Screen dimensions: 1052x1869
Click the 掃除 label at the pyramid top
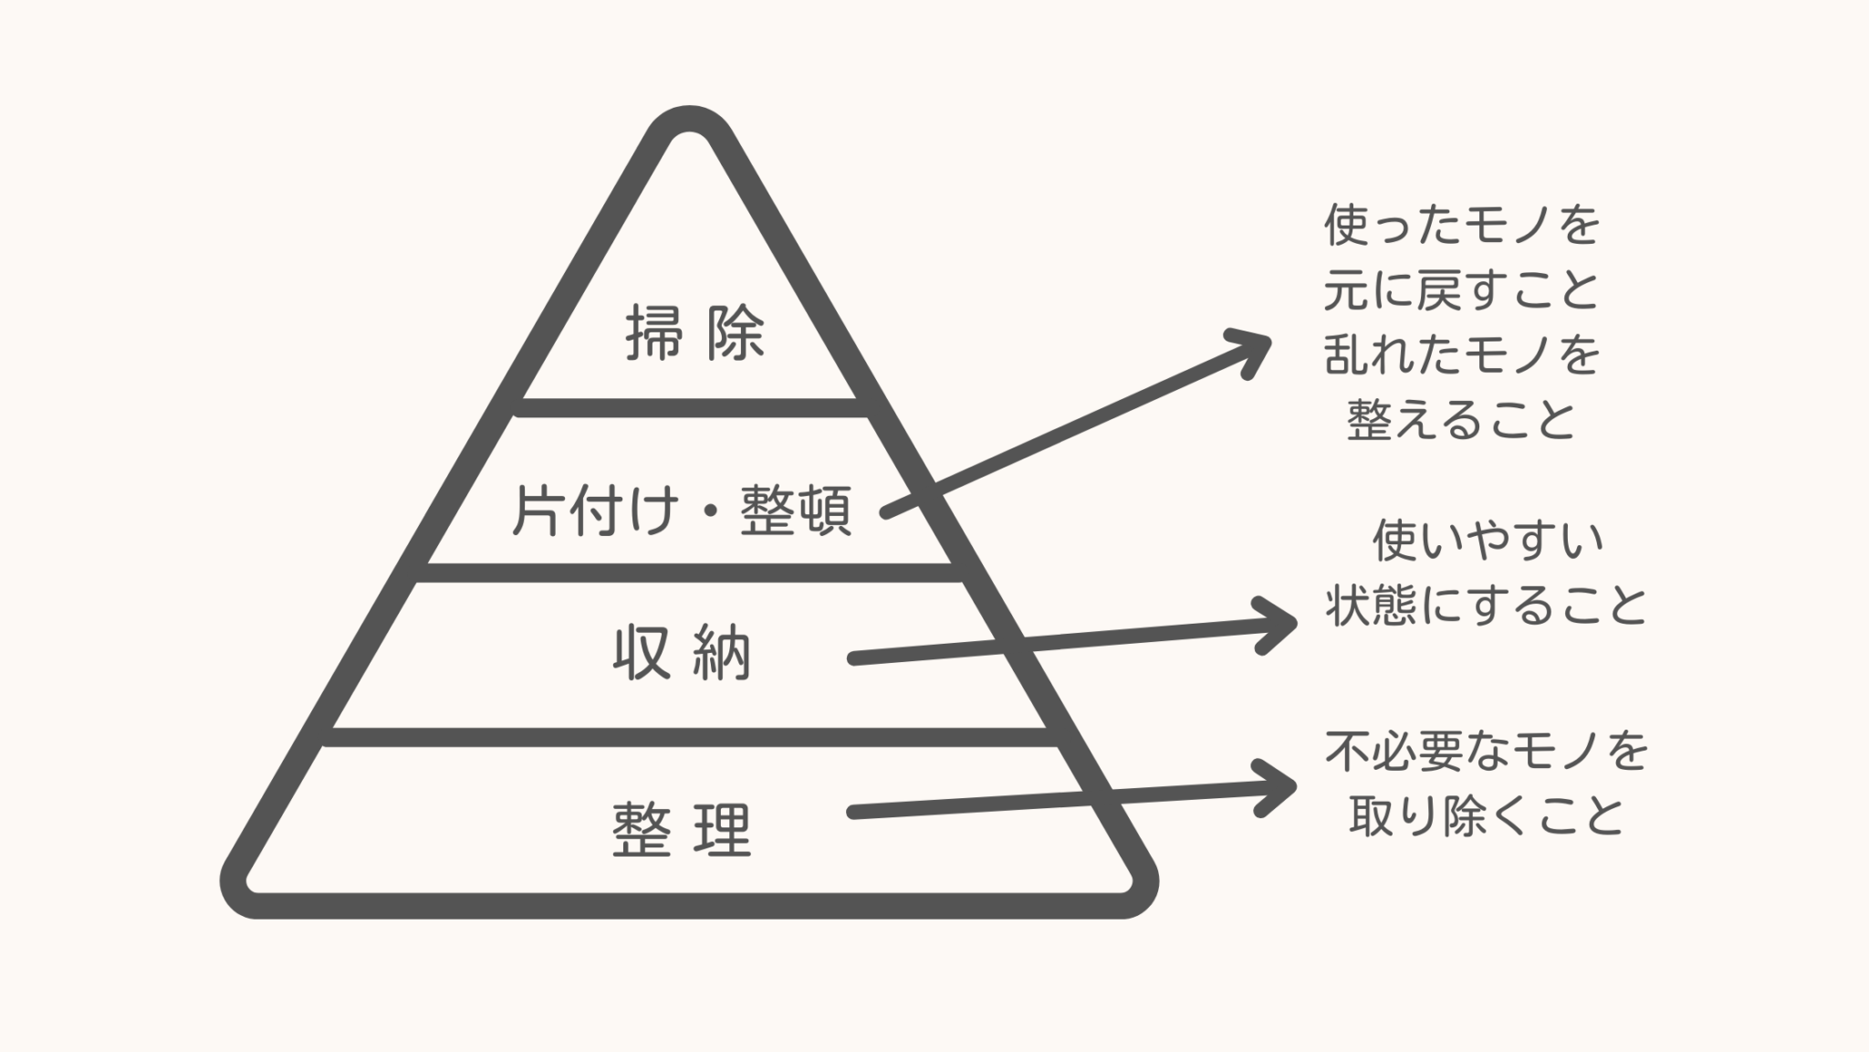coord(694,333)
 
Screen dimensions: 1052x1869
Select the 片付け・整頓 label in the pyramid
coord(682,510)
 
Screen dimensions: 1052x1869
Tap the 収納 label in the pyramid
coord(682,653)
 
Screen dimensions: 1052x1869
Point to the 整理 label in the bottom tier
coord(682,829)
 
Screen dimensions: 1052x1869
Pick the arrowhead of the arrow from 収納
coord(1279,625)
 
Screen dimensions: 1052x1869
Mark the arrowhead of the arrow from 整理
coord(1279,787)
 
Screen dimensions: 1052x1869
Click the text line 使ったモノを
coord(1462,226)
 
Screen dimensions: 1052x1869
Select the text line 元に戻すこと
coord(1462,290)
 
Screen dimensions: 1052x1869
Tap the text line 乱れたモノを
coord(1462,355)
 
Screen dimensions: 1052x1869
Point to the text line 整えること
coord(1462,420)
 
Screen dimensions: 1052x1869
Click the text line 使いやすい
coord(1488,541)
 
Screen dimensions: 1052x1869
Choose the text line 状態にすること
coord(1488,605)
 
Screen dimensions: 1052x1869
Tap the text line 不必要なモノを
coord(1488,752)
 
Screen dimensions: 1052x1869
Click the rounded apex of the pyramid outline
coord(690,121)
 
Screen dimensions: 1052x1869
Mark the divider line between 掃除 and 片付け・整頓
coord(690,407)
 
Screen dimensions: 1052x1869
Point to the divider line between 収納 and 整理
coord(690,737)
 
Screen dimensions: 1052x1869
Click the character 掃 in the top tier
coord(653,333)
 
